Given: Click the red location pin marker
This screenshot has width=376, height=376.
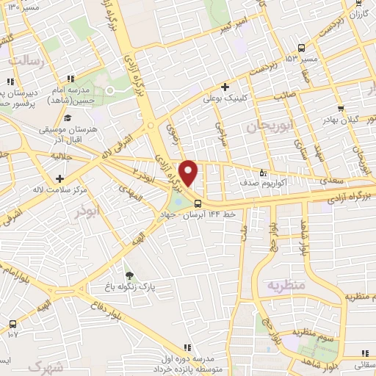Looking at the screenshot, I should pos(189,173).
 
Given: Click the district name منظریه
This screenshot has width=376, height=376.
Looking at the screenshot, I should pos(284,283).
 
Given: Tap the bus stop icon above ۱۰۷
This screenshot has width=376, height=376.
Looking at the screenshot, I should pos(12,323).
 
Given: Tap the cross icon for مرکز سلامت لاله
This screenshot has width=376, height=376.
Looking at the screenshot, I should pos(59,178).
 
